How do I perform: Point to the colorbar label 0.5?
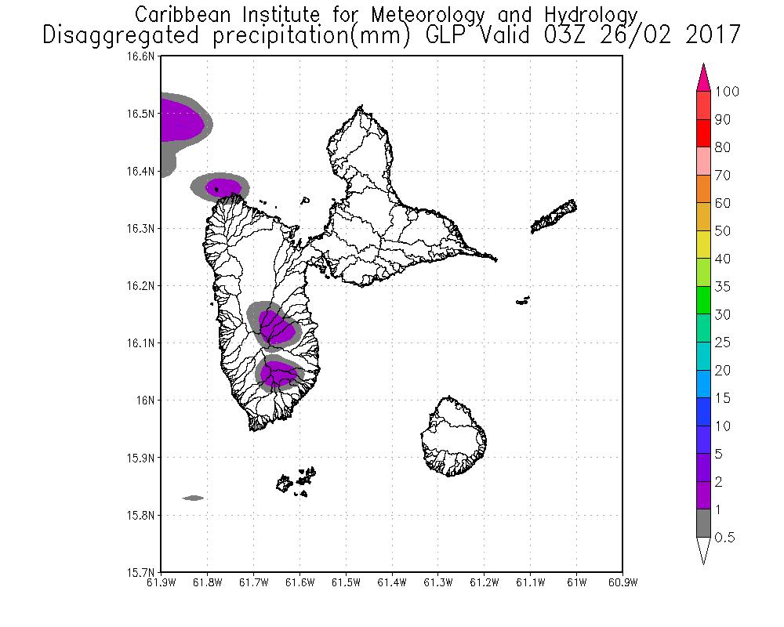point(726,538)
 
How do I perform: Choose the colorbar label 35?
point(722,287)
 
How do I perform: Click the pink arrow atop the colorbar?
point(703,77)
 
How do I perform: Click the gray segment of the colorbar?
point(703,524)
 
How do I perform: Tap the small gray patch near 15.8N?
point(193,498)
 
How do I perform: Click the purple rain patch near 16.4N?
point(223,187)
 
